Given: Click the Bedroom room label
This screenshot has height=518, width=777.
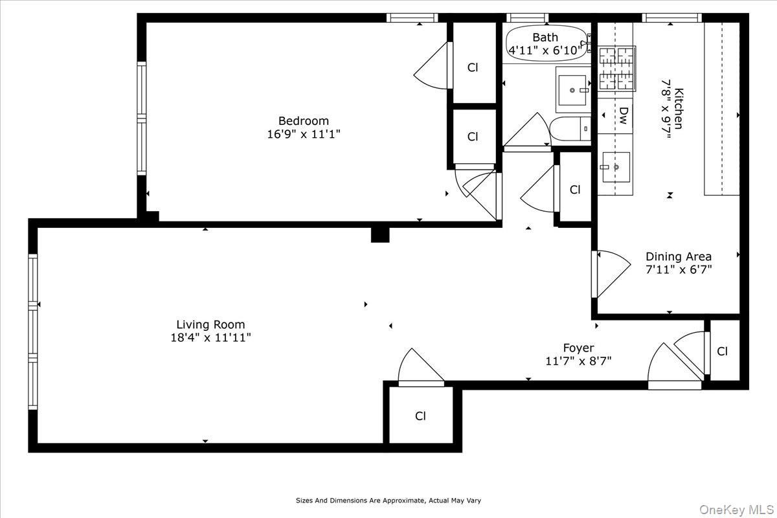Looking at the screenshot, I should click(304, 121).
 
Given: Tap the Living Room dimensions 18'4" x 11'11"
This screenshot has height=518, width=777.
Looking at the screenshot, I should click(211, 337).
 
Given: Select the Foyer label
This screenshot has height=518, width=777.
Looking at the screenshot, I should click(578, 348).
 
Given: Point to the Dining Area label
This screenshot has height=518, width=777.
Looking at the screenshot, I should click(679, 256).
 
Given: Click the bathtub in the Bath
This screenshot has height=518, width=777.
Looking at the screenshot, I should click(546, 43).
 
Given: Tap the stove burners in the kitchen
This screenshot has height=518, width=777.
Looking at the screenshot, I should click(616, 67).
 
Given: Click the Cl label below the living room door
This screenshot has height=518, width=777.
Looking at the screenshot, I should click(421, 416).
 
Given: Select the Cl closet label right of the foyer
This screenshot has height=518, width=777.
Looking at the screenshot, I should click(723, 352).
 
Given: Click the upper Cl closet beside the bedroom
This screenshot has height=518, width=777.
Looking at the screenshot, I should click(473, 67).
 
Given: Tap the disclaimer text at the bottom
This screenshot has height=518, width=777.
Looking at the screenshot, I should click(388, 501).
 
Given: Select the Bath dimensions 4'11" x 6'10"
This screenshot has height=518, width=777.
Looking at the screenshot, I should click(546, 49).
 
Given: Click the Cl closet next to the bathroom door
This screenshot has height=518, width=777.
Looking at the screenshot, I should click(575, 190).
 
